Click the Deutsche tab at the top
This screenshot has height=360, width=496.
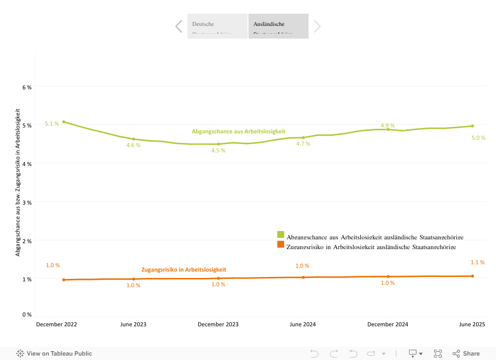pyautogui.click(x=217, y=26)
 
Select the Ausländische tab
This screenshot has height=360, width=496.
pyautogui.click(x=278, y=26)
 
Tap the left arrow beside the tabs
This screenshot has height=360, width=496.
pyautogui.click(x=179, y=26)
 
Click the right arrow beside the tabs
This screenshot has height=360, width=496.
pyautogui.click(x=317, y=26)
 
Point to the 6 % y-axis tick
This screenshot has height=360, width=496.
pyautogui.click(x=27, y=87)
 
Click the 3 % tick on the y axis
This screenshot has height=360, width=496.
pyautogui.click(x=27, y=202)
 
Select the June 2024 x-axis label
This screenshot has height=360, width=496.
pyautogui.click(x=303, y=324)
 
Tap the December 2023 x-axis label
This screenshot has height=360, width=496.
pyautogui.click(x=218, y=324)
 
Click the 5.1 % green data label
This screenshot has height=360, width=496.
pyautogui.click(x=52, y=124)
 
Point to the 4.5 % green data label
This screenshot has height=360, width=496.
pyautogui.click(x=218, y=150)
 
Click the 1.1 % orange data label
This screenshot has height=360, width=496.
pyautogui.click(x=477, y=262)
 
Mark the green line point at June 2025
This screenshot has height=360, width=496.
pyautogui.click(x=473, y=126)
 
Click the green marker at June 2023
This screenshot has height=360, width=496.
pyautogui.click(x=134, y=139)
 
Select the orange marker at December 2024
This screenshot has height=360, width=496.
pyautogui.click(x=388, y=276)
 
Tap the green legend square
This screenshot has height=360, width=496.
pyautogui.click(x=281, y=234)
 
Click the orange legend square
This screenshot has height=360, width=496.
pyautogui.click(x=281, y=244)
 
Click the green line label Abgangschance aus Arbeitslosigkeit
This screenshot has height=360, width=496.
pyautogui.click(x=238, y=131)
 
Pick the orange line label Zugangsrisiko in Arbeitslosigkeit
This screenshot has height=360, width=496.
pyautogui.click(x=184, y=270)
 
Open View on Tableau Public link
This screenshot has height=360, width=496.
pyautogui.click(x=54, y=354)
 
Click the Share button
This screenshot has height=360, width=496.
pyautogui.click(x=466, y=354)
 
